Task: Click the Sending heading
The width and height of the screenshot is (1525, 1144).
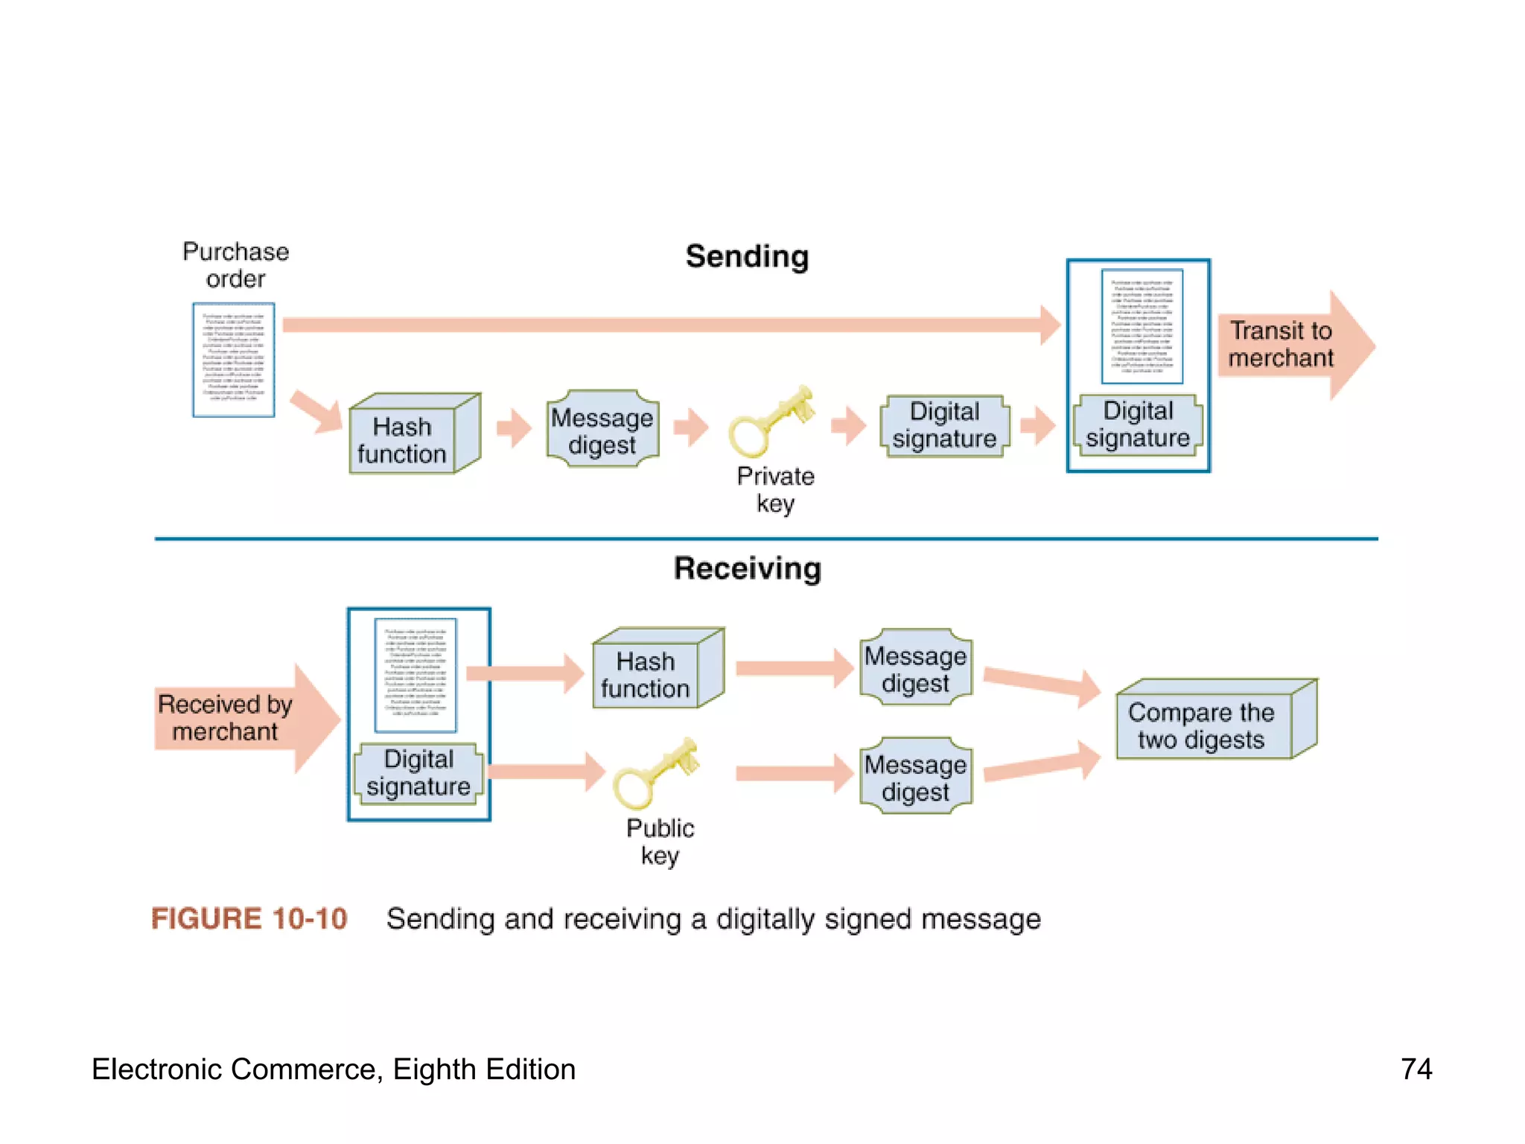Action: [747, 256]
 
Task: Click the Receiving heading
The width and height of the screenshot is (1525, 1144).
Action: [747, 568]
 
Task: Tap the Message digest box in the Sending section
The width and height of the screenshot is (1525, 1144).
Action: [602, 430]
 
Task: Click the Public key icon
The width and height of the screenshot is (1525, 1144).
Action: [655, 775]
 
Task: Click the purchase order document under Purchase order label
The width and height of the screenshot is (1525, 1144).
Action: [234, 360]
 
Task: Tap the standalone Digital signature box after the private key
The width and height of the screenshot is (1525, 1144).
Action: [945, 425]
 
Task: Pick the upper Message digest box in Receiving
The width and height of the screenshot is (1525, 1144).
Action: [915, 669]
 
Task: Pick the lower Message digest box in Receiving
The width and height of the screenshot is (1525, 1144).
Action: [915, 778]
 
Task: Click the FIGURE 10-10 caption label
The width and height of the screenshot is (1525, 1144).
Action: [249, 918]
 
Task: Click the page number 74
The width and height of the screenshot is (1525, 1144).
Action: [1416, 1069]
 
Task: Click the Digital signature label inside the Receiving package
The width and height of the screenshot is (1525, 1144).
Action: [418, 772]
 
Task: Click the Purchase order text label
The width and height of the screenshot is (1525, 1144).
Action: [235, 264]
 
